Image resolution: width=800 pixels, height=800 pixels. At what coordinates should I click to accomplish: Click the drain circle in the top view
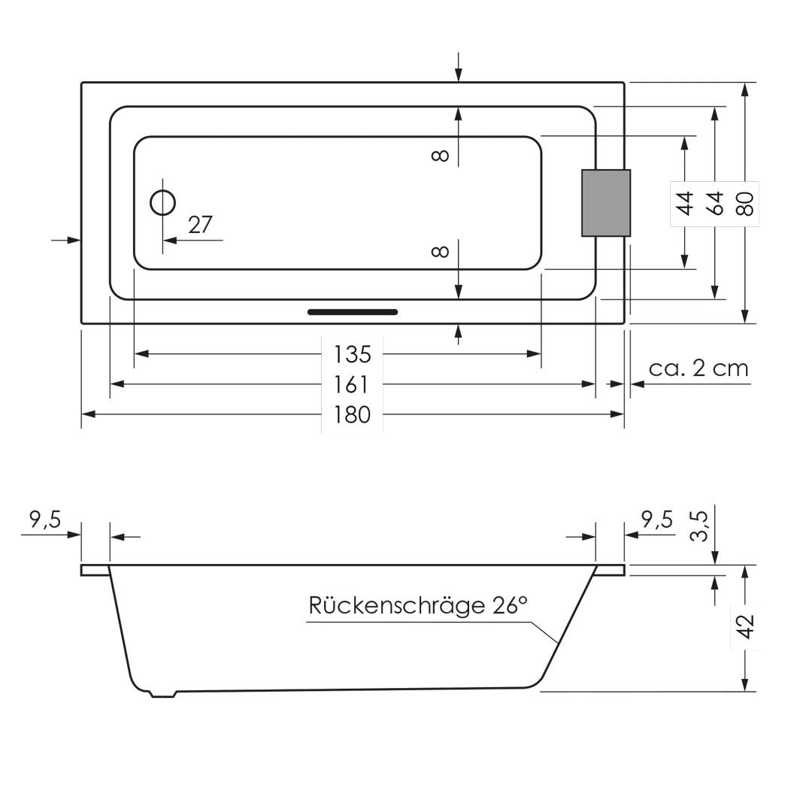[x=163, y=202]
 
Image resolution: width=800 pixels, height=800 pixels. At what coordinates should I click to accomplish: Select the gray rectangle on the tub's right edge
[x=605, y=203]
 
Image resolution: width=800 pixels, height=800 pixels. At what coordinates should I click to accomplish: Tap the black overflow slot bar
[x=353, y=311]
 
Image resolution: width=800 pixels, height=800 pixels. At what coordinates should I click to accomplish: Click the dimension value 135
[x=353, y=353]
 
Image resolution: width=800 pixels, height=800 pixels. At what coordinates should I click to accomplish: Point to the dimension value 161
[x=353, y=385]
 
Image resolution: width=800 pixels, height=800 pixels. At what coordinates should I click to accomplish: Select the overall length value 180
[x=353, y=414]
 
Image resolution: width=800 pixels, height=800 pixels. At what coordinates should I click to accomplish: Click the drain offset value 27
[x=200, y=224]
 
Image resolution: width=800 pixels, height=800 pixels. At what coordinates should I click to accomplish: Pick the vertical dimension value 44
[x=685, y=203]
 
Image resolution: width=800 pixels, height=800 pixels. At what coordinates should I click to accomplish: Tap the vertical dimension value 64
[x=715, y=203]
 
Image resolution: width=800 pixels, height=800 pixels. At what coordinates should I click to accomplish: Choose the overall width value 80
[x=744, y=203]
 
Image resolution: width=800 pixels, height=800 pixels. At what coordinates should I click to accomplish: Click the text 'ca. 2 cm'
[x=698, y=368]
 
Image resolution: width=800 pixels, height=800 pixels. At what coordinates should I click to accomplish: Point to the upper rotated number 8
[x=441, y=156]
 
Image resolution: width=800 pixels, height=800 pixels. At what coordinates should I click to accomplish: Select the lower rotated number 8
[x=441, y=251]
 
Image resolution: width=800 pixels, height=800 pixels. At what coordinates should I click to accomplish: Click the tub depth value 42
[x=745, y=627]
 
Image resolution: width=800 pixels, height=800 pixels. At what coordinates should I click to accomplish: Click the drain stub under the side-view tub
[x=162, y=694]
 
